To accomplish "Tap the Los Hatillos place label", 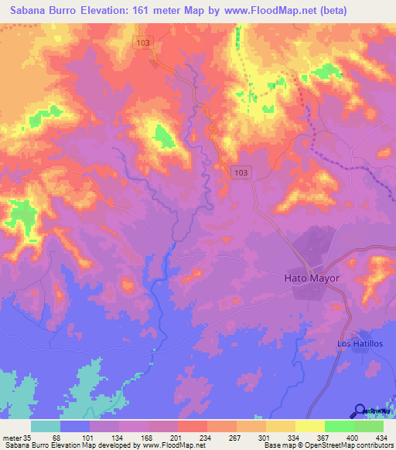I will (x=360, y=343).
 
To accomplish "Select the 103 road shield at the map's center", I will (x=240, y=172).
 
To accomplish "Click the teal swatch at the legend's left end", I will (x=46, y=426).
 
